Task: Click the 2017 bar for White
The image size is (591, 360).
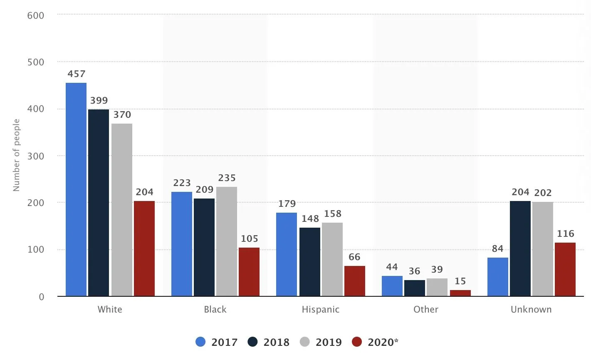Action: (x=76, y=189)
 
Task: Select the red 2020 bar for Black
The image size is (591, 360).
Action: (x=249, y=272)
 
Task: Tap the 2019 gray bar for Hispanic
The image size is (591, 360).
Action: (x=332, y=259)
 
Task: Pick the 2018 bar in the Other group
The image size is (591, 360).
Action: (x=415, y=288)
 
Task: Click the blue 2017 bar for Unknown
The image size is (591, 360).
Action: (x=498, y=277)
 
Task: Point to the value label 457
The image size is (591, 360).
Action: (x=77, y=74)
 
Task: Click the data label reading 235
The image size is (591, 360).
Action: (x=227, y=178)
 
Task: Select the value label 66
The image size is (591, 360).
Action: (x=355, y=257)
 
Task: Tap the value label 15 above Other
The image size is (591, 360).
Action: (x=460, y=281)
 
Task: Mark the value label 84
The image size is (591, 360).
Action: (x=498, y=249)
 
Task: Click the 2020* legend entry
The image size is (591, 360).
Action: (x=375, y=342)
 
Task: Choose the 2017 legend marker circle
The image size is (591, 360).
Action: (x=200, y=342)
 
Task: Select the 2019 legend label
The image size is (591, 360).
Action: (x=329, y=342)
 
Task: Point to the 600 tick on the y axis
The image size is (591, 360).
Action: (x=36, y=15)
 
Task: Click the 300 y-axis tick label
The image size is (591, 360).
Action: (x=36, y=156)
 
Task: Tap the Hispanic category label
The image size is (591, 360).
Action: (x=321, y=310)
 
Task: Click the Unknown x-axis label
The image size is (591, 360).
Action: (x=531, y=310)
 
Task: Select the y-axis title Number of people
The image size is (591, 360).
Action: (x=17, y=155)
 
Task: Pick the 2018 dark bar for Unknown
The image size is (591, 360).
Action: (x=520, y=248)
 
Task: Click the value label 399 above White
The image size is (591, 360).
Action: (x=99, y=101)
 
